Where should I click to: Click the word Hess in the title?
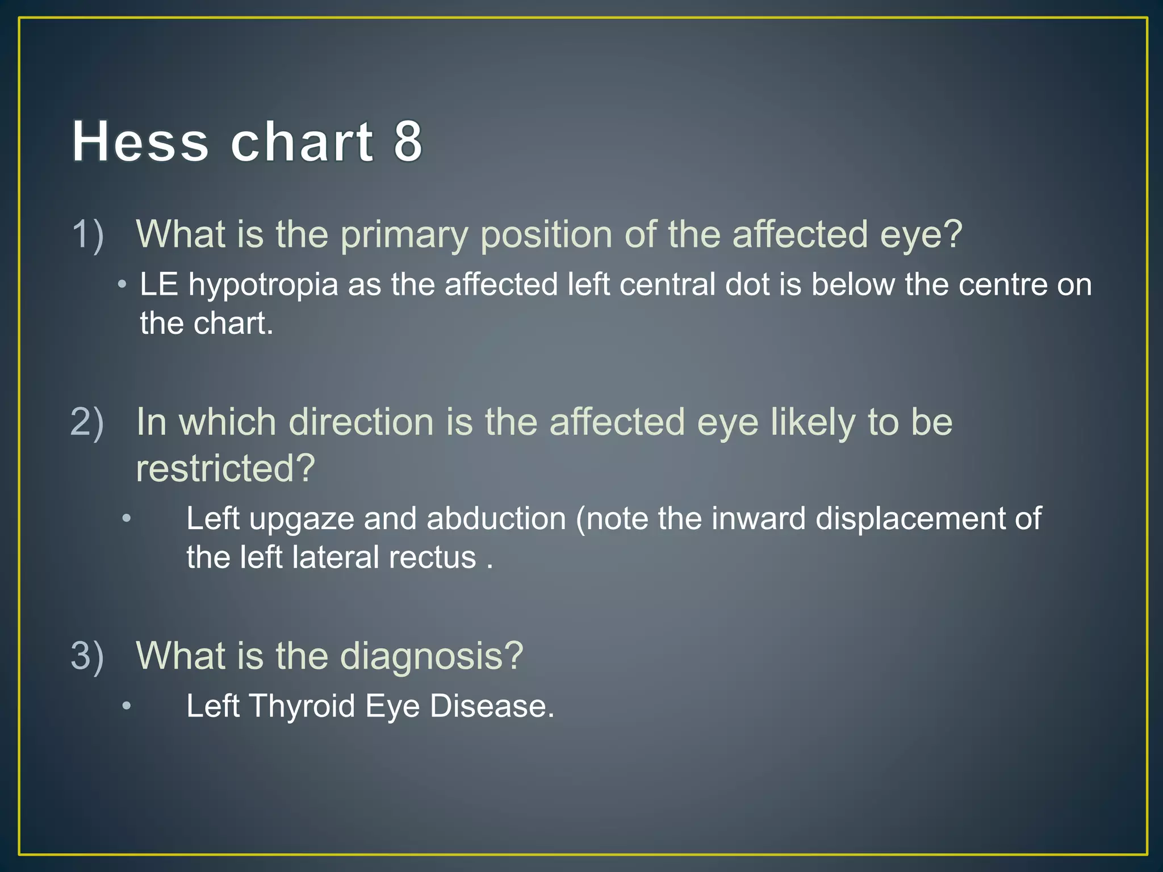click(141, 141)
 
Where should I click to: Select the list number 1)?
click(88, 234)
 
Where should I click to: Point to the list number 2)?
click(87, 423)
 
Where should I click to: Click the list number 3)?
click(87, 656)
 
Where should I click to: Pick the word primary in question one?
click(404, 236)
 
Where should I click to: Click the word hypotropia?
click(263, 285)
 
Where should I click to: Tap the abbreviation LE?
click(160, 284)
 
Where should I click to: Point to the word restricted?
click(225, 469)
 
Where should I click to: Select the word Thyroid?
click(302, 707)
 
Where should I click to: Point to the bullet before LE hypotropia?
click(122, 284)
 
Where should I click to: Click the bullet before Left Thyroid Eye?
click(127, 707)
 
